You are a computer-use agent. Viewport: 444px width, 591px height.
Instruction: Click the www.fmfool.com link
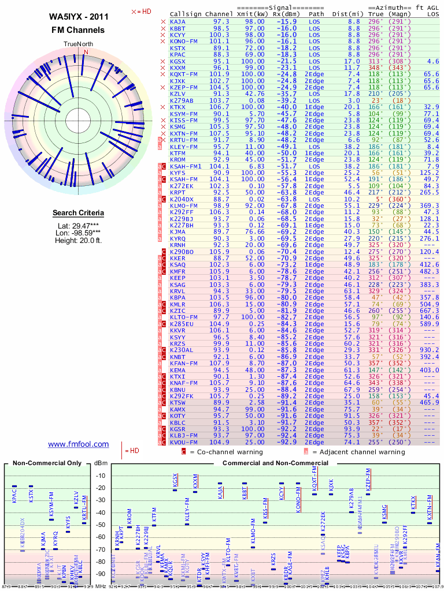tap(78, 444)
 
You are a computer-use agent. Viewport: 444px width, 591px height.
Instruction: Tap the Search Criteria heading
tap(79, 213)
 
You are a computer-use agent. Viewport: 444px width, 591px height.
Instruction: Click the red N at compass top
tap(86, 52)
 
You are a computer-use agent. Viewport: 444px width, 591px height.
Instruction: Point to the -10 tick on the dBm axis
tap(105, 476)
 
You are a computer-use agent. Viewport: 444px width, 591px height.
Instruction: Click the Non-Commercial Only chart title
tap(47, 463)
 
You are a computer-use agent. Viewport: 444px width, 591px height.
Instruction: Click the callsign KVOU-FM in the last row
tap(184, 442)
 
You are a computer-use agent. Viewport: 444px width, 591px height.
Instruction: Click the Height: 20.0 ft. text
tap(79, 240)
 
